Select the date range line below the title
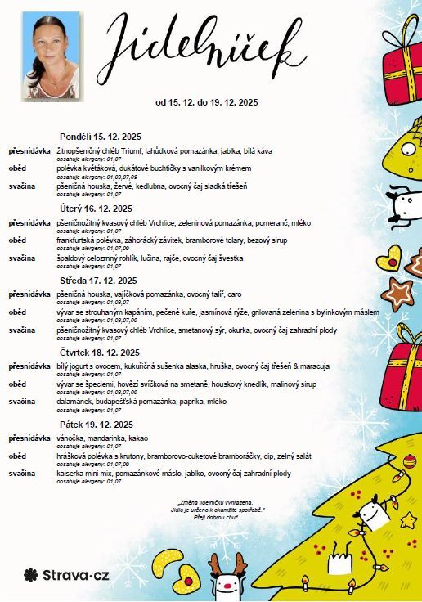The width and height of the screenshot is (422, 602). point(207,103)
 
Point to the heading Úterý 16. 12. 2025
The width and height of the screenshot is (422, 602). point(96,208)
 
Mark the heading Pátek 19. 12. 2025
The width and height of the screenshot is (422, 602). point(97,425)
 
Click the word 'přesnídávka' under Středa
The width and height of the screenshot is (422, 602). point(30,294)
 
